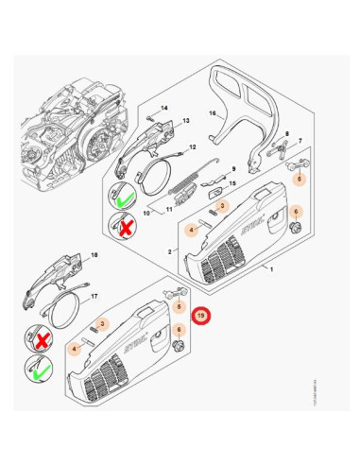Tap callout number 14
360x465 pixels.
point(163,109)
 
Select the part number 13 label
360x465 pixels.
point(186,121)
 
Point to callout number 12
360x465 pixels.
point(193,147)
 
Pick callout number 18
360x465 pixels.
point(93,255)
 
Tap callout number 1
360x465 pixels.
point(271,270)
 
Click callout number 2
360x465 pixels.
point(168,251)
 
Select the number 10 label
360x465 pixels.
point(146,214)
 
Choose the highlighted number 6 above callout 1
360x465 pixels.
point(295,212)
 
